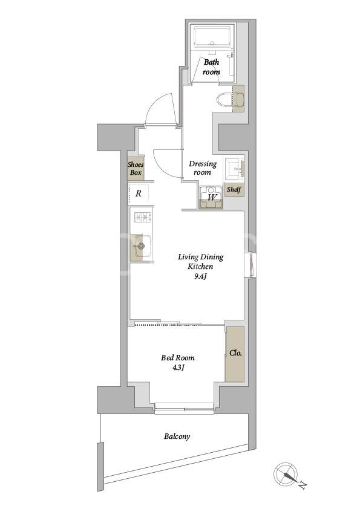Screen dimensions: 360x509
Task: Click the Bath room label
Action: point(211,67)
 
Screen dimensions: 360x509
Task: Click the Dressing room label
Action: point(203,168)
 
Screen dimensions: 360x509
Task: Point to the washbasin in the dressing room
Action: point(234,169)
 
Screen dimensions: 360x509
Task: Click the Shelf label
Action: point(234,189)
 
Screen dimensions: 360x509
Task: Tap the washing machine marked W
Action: point(211,197)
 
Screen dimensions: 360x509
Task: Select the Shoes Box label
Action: point(136,169)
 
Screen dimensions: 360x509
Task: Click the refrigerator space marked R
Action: point(139,194)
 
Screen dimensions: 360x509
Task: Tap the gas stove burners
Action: point(143,217)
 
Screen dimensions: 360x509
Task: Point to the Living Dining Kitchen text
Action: point(200,262)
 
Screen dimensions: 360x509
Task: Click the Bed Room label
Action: point(178,358)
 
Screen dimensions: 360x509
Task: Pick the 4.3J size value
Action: point(178,368)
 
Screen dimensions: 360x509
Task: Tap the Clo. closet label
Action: point(235,353)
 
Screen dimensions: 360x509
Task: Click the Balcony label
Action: point(177,436)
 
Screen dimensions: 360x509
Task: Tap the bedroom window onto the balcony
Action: point(184,407)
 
